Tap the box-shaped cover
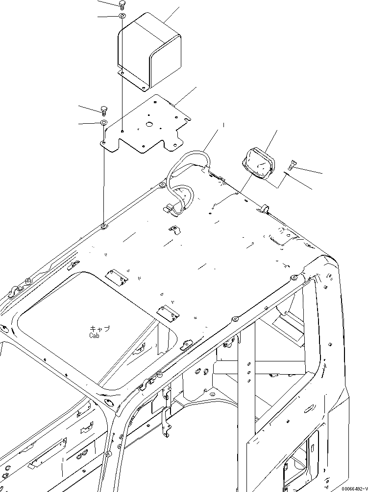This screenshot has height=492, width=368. click(x=149, y=51)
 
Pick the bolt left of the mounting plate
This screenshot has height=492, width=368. click(x=104, y=109)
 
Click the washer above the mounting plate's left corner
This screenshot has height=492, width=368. click(x=104, y=122)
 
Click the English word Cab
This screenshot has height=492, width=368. click(x=95, y=336)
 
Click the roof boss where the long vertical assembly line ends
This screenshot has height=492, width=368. click(x=104, y=226)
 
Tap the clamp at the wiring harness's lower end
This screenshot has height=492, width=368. click(x=169, y=209)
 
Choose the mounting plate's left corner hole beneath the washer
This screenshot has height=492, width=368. click(x=104, y=142)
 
